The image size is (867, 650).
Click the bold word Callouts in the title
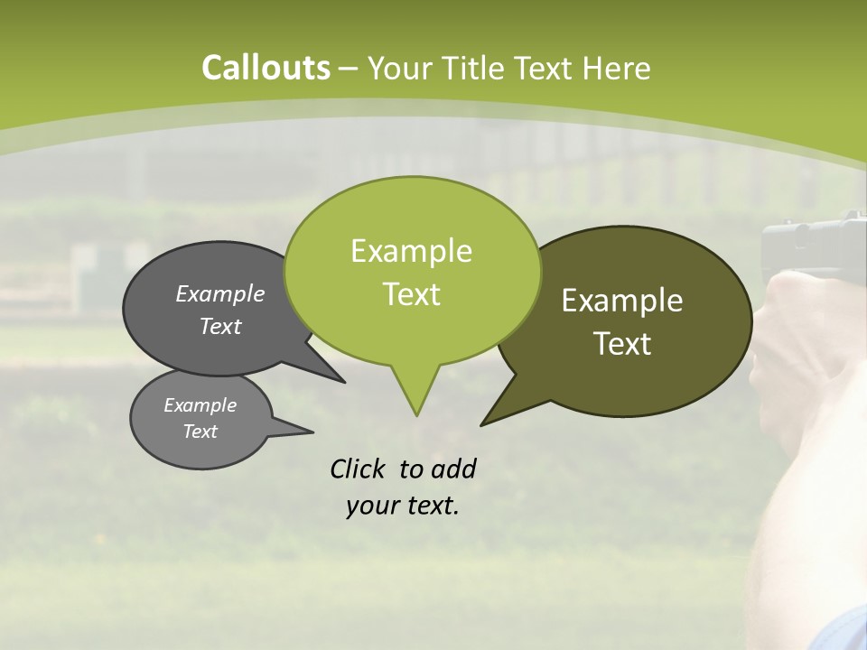coord(266,68)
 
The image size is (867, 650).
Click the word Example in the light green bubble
coord(411,251)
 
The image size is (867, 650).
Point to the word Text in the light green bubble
coord(411,294)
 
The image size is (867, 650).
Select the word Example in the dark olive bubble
coord(622,301)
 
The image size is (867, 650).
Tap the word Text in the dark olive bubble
coord(622,344)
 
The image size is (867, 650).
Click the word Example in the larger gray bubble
coord(219,293)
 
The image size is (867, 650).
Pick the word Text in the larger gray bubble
coord(219,326)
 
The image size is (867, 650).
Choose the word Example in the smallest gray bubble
coord(200,405)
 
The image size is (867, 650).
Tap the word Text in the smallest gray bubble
coord(200,432)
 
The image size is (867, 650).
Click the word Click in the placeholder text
coord(359,469)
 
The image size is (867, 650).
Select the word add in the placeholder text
coord(453,469)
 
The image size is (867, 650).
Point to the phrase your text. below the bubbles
coord(403,506)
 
